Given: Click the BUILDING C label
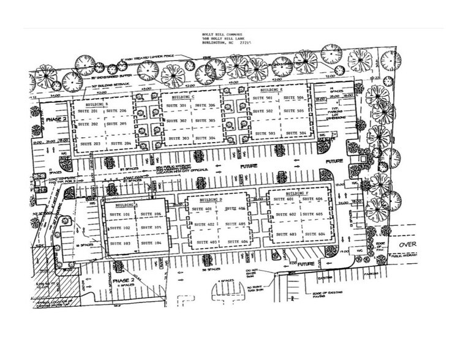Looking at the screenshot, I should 183,97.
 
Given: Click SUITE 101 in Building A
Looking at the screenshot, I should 119,215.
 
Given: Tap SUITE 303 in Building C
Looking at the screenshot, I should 176,138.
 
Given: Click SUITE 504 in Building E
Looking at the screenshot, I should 297,133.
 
